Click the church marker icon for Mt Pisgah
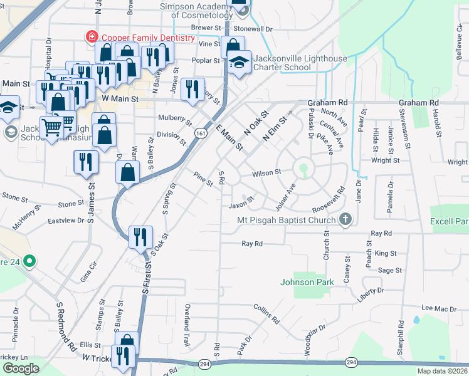[x=344, y=219]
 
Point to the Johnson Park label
[x=306, y=282]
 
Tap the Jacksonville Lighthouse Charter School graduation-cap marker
[x=238, y=62]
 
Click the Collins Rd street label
[x=266, y=313]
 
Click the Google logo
[x=21, y=368]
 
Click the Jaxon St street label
[x=241, y=204]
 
